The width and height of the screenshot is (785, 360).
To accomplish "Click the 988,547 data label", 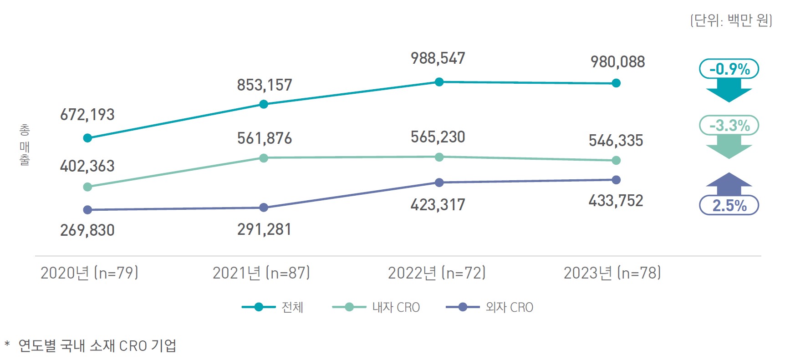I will click(438, 58).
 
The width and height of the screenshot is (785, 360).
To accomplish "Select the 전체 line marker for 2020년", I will click(88, 138).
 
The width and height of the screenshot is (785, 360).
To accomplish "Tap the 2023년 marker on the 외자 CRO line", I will click(616, 180).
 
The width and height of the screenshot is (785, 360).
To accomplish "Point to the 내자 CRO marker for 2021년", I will click(264, 158).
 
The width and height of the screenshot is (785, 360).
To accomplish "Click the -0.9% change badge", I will click(729, 69).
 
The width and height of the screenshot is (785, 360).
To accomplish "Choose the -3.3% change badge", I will click(729, 125).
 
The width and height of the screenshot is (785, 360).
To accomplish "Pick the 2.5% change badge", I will click(729, 205).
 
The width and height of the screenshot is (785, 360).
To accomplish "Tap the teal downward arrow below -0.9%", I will click(729, 91).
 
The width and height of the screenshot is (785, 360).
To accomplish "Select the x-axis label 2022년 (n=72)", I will click(437, 273).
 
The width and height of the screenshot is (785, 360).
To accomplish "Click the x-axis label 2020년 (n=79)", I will click(89, 273).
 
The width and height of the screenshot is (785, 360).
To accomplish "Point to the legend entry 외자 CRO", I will click(489, 307).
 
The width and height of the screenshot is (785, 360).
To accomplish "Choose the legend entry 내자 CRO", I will click(376, 307).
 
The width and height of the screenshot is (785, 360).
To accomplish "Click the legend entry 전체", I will click(272, 307).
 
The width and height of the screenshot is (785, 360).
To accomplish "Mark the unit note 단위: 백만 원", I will click(731, 20).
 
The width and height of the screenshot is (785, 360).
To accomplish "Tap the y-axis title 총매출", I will click(25, 145).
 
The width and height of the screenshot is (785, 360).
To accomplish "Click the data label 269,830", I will click(87, 230).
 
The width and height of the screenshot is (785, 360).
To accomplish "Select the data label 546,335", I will click(616, 141).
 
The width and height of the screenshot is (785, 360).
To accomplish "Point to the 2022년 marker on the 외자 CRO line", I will click(439, 183).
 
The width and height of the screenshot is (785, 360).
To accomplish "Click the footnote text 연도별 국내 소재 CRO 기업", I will click(97, 346).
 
